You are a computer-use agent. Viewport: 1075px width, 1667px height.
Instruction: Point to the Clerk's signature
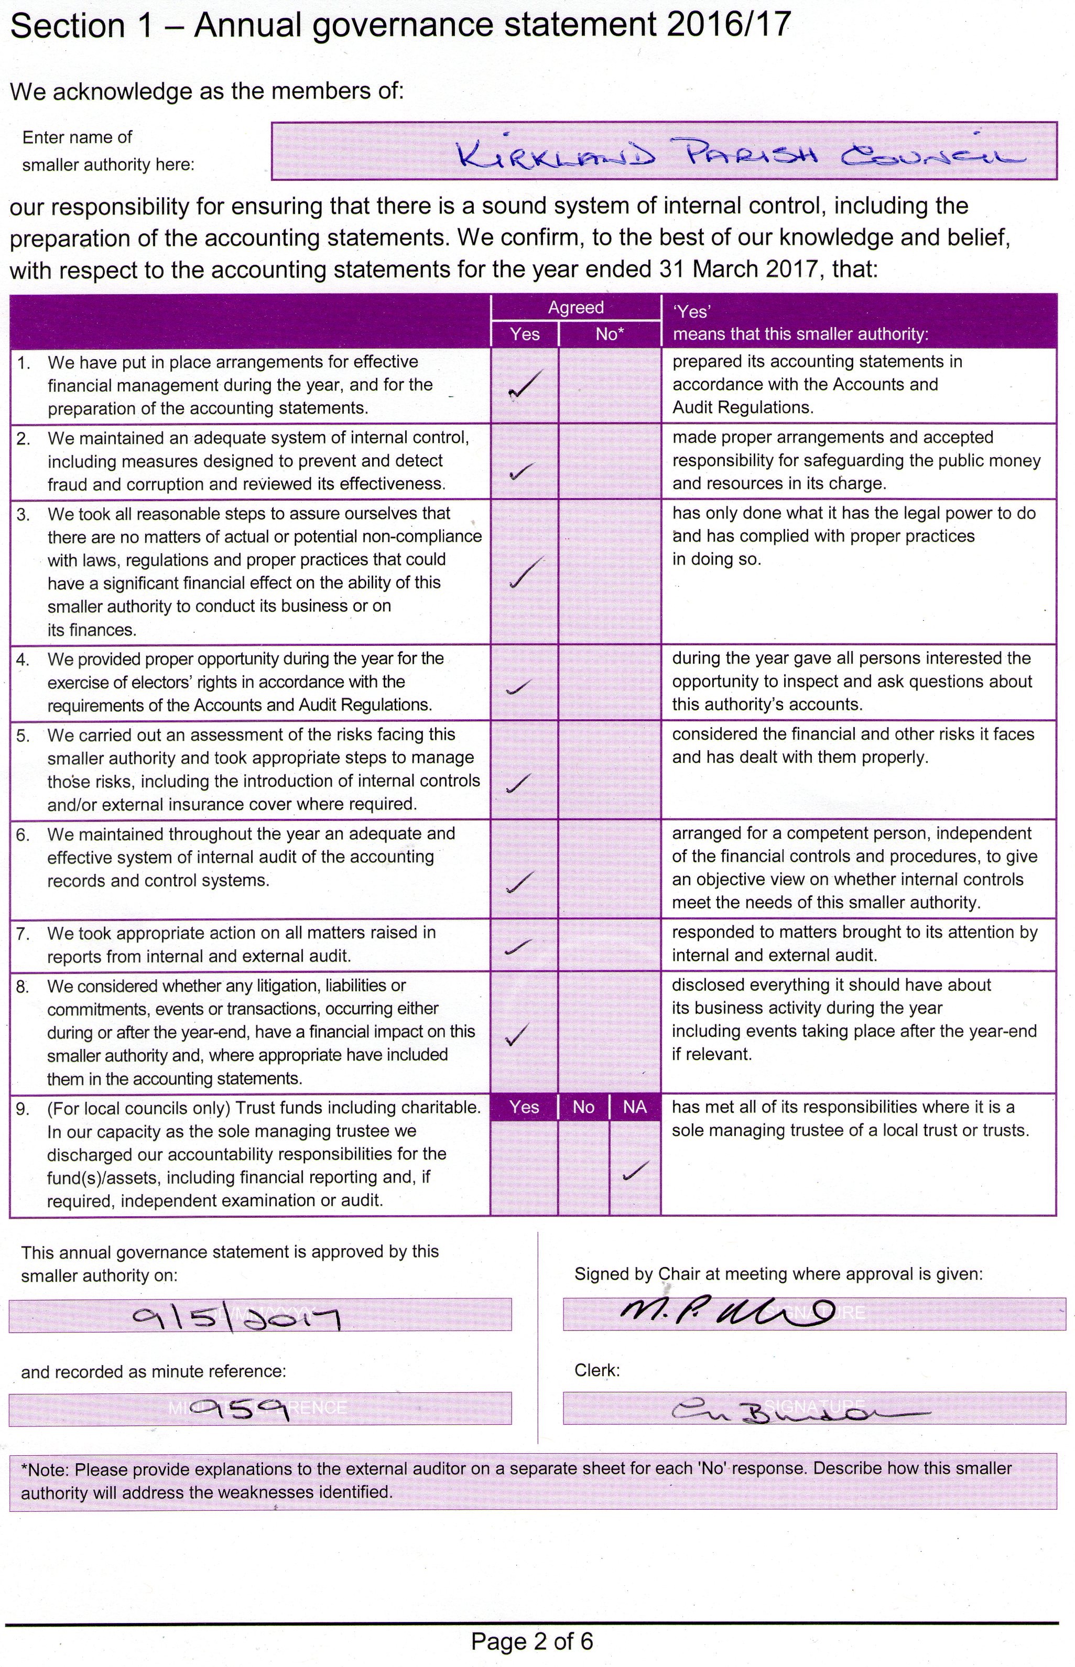pyautogui.click(x=796, y=1412)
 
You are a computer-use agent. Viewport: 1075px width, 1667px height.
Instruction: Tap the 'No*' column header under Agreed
pyautogui.click(x=610, y=334)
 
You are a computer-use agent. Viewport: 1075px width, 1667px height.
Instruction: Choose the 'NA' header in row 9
pyautogui.click(x=635, y=1107)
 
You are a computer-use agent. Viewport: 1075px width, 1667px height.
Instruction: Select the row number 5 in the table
pyautogui.click(x=23, y=735)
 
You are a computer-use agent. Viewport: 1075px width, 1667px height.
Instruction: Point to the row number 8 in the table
pyautogui.click(x=23, y=987)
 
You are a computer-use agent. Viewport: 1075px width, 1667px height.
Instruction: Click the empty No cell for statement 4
pyautogui.click(x=610, y=683)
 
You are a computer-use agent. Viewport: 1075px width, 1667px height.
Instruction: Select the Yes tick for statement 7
pyautogui.click(x=519, y=946)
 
